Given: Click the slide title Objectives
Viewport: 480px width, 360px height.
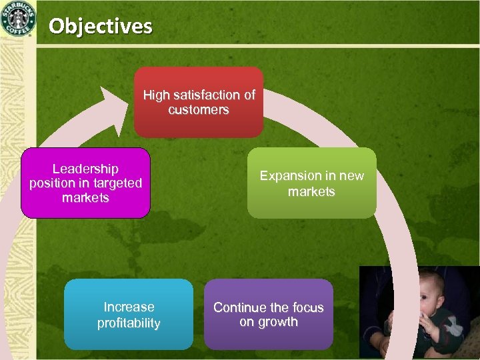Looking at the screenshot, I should pyautogui.click(x=101, y=26).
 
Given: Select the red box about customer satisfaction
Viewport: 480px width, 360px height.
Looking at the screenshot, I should pyautogui.click(x=199, y=102).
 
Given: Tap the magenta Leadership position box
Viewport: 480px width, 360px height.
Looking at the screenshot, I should pyautogui.click(x=85, y=183).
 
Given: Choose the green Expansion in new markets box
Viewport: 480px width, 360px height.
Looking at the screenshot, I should pyautogui.click(x=311, y=183).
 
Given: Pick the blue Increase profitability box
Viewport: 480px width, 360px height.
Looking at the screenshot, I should pyautogui.click(x=129, y=315).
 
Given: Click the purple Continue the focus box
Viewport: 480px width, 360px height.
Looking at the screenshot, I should pyautogui.click(x=268, y=315).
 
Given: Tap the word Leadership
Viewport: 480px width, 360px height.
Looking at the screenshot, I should pyautogui.click(x=85, y=169).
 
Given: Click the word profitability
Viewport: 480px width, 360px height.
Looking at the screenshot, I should pyautogui.click(x=129, y=323).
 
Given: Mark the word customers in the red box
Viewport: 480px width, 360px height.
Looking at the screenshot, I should pyautogui.click(x=199, y=110).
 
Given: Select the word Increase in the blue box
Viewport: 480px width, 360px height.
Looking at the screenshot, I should pyautogui.click(x=129, y=307).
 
